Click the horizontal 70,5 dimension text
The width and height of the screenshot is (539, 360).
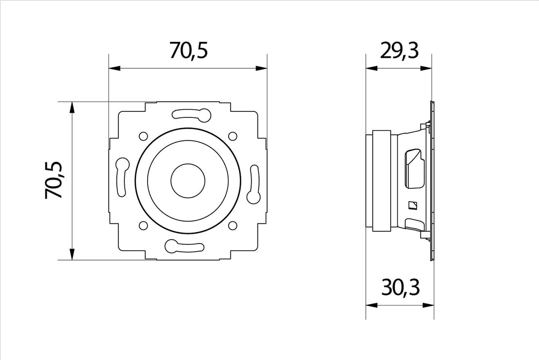tap(189, 50)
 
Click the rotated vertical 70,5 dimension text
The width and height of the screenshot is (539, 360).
tap(53, 180)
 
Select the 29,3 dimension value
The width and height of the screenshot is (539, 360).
tap(399, 50)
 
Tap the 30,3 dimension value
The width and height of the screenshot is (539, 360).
tap(400, 288)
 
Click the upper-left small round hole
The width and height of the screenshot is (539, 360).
tap(143, 136)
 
